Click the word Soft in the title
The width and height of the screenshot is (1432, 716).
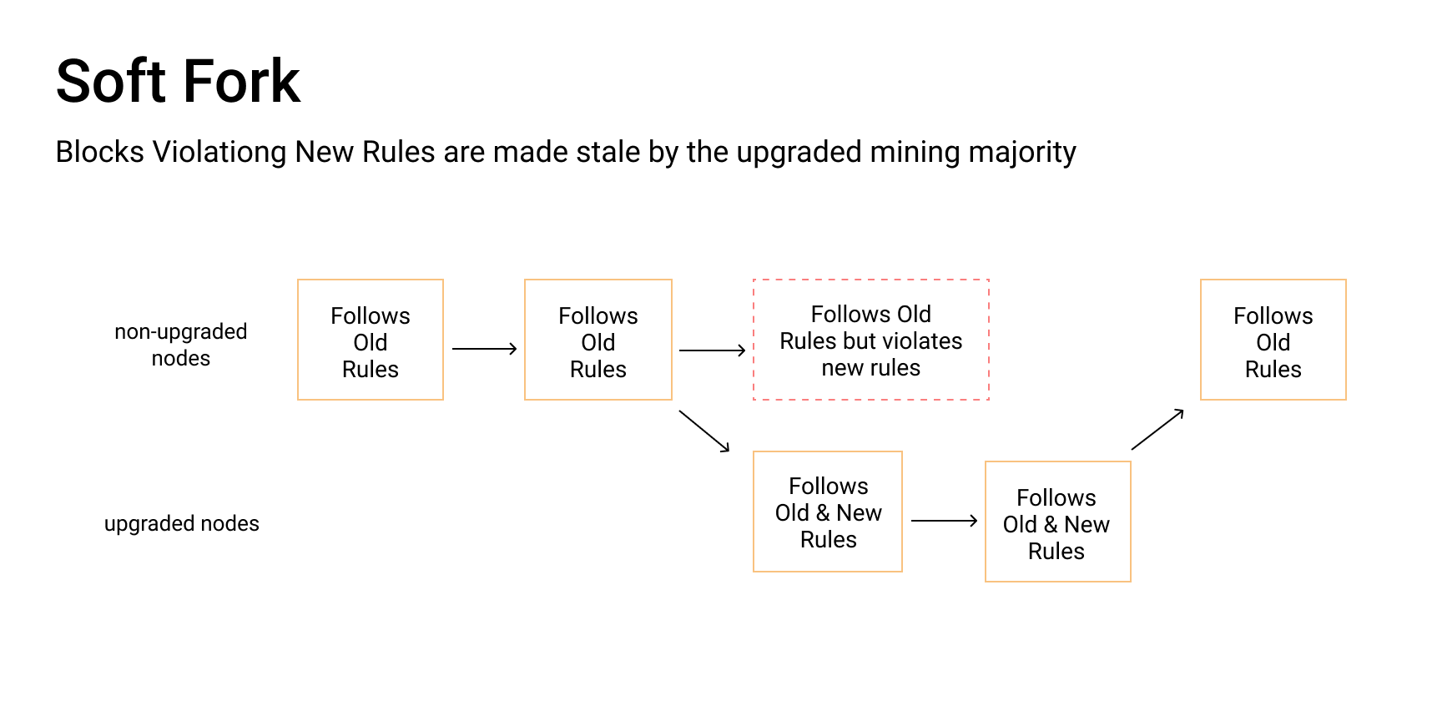[110, 81]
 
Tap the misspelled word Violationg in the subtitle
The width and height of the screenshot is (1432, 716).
[219, 152]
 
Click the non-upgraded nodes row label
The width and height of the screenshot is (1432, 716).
[181, 345]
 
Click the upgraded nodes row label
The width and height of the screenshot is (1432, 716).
[181, 523]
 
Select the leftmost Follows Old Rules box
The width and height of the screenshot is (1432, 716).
[371, 340]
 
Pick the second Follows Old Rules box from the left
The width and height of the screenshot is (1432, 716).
[598, 340]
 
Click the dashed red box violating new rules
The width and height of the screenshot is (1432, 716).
[870, 340]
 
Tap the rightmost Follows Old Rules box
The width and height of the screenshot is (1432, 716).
[1273, 340]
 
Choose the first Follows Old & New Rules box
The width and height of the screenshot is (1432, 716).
[828, 512]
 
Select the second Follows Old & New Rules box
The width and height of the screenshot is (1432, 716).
[1057, 522]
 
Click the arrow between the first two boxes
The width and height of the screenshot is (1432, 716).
[484, 349]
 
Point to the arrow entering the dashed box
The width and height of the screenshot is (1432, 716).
[712, 350]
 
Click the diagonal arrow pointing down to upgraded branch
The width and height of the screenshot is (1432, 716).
[704, 431]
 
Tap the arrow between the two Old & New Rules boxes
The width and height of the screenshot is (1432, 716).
[944, 521]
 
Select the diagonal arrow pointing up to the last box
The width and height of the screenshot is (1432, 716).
[1157, 429]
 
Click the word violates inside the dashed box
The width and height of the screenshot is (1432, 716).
[928, 341]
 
